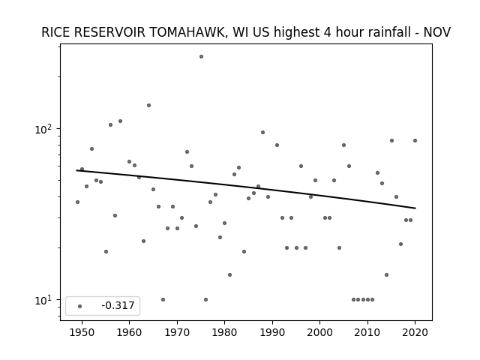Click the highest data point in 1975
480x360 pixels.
(x=201, y=57)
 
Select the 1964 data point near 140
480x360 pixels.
(x=148, y=105)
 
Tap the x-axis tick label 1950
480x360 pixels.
(x=82, y=333)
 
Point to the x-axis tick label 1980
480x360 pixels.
(x=224, y=333)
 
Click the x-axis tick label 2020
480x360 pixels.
(x=415, y=333)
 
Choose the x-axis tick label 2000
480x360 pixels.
(x=319, y=333)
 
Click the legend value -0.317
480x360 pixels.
(x=118, y=305)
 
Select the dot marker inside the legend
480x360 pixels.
(x=79, y=306)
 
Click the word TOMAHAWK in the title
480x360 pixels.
(x=187, y=32)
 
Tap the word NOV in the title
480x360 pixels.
(x=436, y=32)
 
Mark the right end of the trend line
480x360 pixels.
(x=415, y=208)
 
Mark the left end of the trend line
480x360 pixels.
(x=76, y=170)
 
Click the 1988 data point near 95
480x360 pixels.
(x=262, y=132)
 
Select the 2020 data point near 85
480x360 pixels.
(x=415, y=140)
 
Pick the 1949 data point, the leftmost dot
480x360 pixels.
(x=77, y=202)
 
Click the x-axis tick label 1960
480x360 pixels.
(x=129, y=333)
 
